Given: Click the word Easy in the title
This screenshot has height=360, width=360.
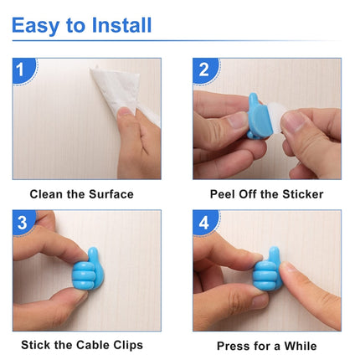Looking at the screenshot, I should (x=36, y=25).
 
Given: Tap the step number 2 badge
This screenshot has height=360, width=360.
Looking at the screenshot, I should (x=203, y=70).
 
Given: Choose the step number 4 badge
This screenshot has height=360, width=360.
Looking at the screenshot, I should (x=203, y=222).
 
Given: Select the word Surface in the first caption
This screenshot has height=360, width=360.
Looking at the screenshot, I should (x=112, y=194).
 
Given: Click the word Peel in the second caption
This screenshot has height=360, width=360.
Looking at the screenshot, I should (x=223, y=194).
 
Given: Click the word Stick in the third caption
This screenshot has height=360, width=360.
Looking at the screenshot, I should (x=38, y=345).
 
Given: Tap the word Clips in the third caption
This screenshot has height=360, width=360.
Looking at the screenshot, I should (x=125, y=345).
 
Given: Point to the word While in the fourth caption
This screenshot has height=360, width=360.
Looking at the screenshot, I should (x=300, y=345).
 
